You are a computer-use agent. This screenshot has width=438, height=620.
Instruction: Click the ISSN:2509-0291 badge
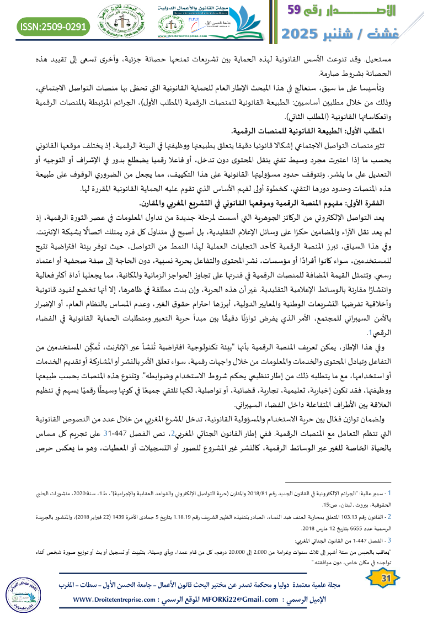(x=54, y=25)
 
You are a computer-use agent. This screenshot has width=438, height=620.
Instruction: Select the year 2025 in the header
(x=306, y=33)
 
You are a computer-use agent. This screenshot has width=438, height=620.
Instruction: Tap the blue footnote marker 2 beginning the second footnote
(x=389, y=517)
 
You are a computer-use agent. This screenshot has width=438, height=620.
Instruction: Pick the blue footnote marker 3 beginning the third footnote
(x=389, y=540)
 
